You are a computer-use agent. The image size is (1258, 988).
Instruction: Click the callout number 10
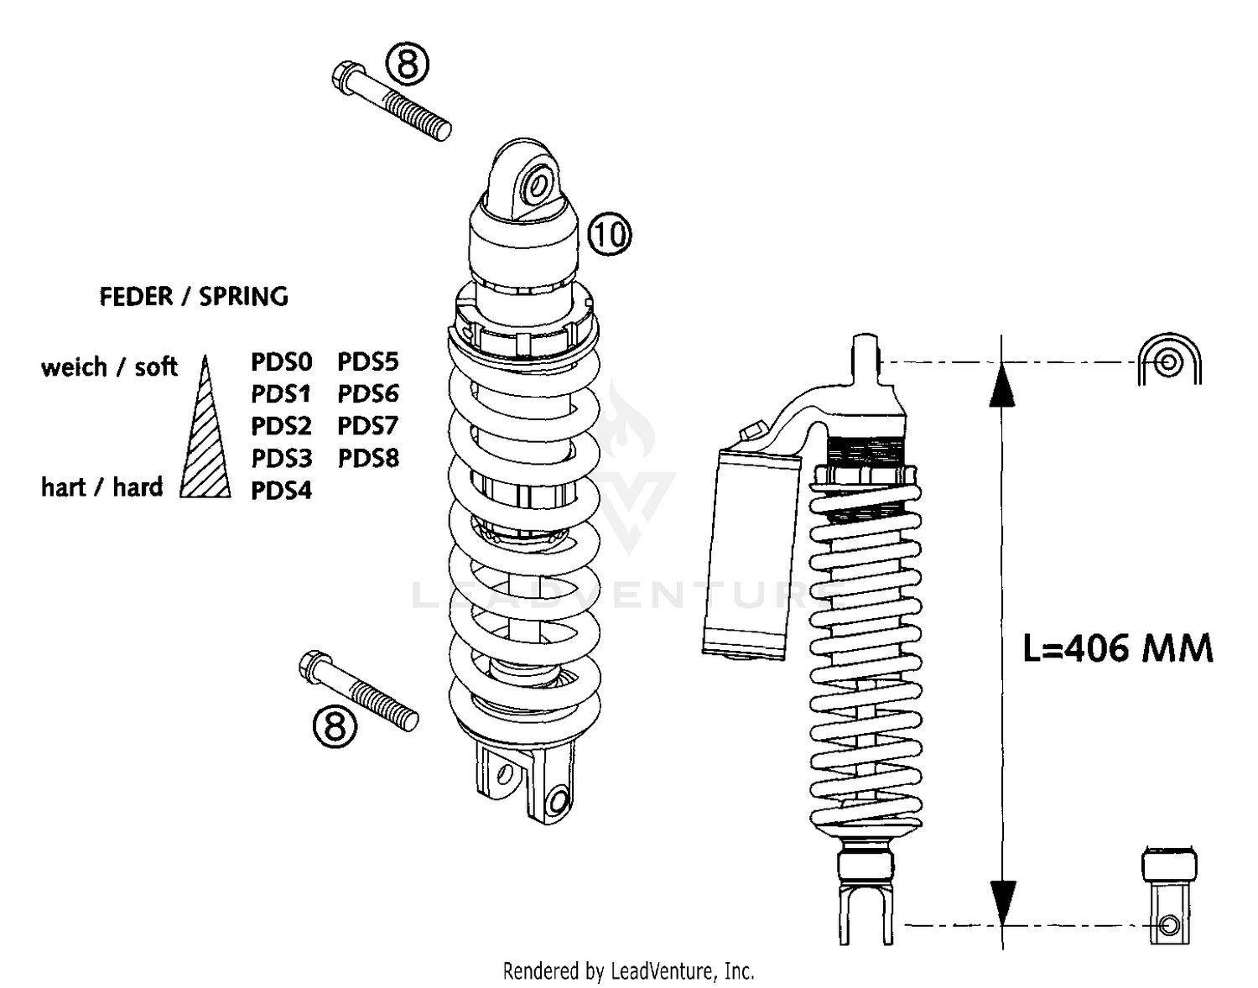(x=609, y=234)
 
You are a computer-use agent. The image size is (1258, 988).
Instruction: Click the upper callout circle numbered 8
(x=407, y=65)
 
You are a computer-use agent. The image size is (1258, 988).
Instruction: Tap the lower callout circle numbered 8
(x=335, y=725)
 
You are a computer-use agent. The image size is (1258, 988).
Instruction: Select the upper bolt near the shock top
(x=392, y=102)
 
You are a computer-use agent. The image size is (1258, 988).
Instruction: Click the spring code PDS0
(x=282, y=362)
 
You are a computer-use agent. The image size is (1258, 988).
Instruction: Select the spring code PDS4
(x=282, y=491)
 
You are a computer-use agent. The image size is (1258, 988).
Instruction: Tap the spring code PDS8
(x=368, y=458)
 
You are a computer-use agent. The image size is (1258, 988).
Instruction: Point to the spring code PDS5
(x=368, y=362)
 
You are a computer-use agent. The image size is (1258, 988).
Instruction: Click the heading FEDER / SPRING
(x=194, y=297)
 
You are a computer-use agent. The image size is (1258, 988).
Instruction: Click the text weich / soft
(x=109, y=367)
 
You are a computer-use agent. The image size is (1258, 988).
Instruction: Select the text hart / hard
(x=101, y=487)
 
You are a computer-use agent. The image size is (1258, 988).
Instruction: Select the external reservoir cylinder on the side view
(x=749, y=554)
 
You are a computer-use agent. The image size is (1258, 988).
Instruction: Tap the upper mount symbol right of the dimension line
(x=1169, y=361)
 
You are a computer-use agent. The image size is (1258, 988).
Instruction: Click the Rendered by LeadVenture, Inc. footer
(x=628, y=971)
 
